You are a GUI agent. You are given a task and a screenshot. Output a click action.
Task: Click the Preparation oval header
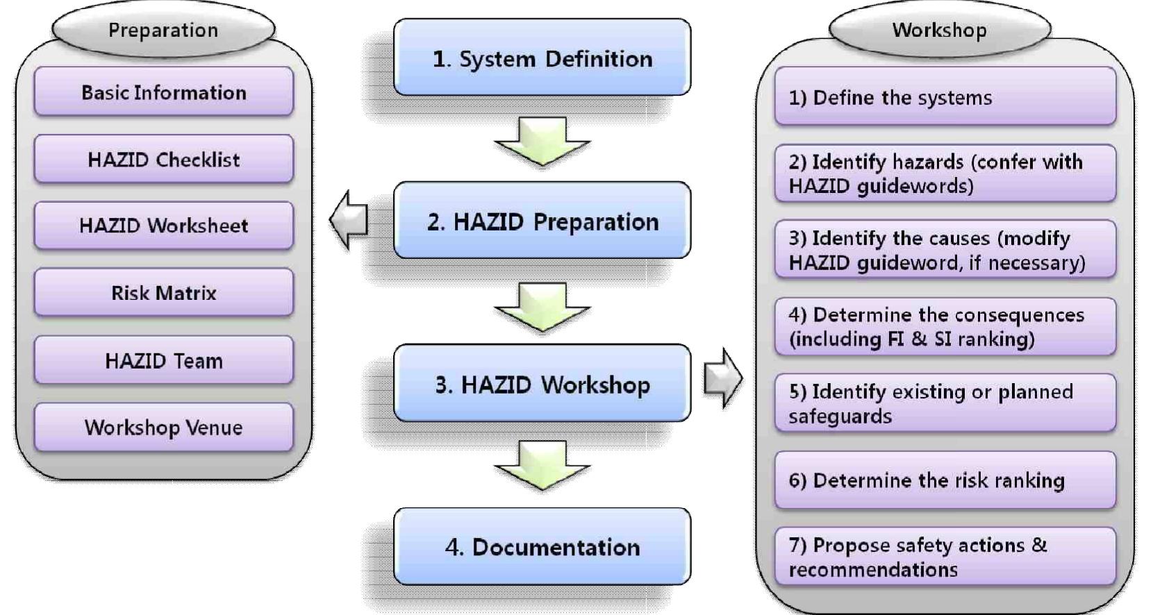(163, 30)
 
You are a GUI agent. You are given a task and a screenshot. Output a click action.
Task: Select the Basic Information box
(163, 92)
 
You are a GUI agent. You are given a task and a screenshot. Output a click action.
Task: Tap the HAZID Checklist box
(163, 160)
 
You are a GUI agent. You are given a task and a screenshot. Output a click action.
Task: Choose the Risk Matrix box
(163, 293)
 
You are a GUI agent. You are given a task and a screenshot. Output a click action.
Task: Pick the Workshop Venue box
(163, 428)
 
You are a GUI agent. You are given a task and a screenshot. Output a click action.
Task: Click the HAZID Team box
(163, 361)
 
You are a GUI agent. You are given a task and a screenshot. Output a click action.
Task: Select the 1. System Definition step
(542, 58)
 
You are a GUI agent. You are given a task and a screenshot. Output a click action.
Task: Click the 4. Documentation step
(542, 547)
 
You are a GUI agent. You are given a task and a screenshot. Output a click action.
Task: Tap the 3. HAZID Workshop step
(542, 384)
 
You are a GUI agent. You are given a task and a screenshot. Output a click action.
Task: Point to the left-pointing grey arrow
(349, 220)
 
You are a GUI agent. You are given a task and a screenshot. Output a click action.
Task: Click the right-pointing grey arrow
(723, 378)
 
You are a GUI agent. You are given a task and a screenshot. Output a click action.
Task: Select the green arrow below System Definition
(542, 141)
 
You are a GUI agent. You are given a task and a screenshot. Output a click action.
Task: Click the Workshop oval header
(939, 30)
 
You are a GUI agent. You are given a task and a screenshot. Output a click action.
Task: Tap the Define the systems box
(945, 97)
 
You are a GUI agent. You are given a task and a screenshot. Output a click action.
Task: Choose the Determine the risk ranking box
(945, 480)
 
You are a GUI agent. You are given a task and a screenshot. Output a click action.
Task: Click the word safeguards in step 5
(840, 416)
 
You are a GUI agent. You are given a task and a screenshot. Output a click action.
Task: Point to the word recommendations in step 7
(873, 570)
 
